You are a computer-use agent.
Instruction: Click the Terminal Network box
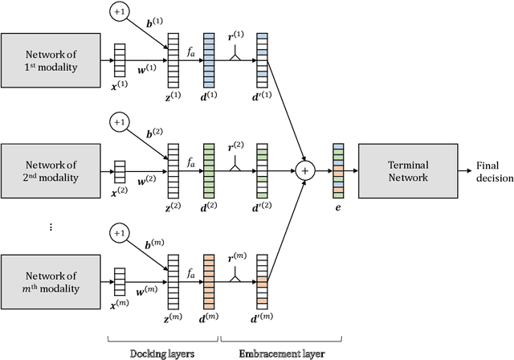point(404,170)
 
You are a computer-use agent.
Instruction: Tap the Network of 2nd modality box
point(49,170)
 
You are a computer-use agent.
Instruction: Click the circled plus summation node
point(305,170)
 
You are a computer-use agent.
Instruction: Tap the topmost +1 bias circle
point(119,12)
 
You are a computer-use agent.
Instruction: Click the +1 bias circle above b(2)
point(119,122)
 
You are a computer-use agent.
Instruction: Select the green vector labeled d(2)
point(209,170)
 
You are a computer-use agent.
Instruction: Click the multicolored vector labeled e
point(338,170)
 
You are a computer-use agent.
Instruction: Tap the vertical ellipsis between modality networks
point(50,227)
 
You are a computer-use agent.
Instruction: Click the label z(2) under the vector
point(172,207)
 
